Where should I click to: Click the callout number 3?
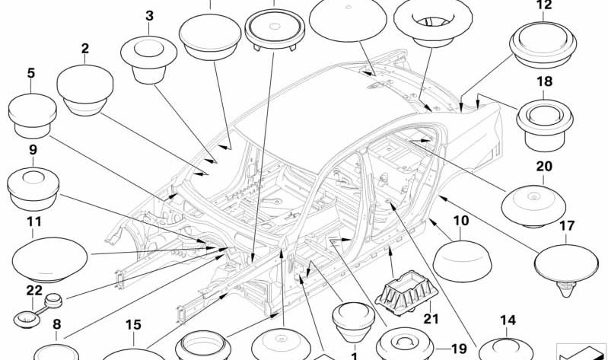[x=149, y=16]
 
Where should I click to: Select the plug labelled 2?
[x=85, y=91]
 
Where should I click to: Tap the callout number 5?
[x=31, y=73]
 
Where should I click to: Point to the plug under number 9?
[x=33, y=190]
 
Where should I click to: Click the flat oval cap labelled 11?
[x=49, y=260]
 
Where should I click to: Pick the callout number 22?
[x=34, y=291]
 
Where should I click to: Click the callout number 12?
[x=543, y=5]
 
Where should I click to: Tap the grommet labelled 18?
[x=545, y=126]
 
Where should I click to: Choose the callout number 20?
[x=544, y=167]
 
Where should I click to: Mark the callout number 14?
[x=508, y=320]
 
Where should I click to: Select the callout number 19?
[x=459, y=349]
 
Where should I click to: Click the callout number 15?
[x=133, y=325]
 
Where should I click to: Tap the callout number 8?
[x=56, y=324]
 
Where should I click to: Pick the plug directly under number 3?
[x=149, y=59]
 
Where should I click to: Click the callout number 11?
[x=34, y=222]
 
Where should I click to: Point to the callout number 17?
[x=566, y=225]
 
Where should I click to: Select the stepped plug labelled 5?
[x=32, y=116]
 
